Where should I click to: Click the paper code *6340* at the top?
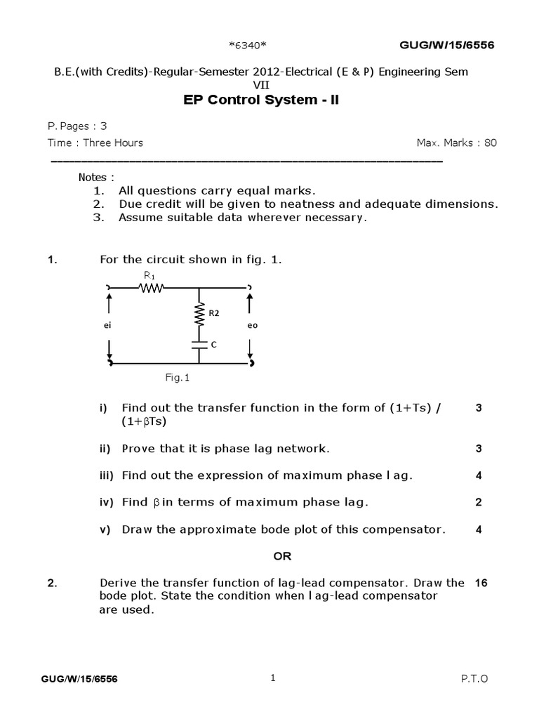coord(248,46)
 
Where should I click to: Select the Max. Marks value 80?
coord(490,143)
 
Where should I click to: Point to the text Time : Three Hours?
coord(95,143)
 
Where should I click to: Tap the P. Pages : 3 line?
coord(77,126)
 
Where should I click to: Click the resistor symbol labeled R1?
coord(151,287)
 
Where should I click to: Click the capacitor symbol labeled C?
coord(199,345)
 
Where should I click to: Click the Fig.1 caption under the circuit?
coord(178,377)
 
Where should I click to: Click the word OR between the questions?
coord(282,556)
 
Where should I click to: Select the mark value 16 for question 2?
coord(481,583)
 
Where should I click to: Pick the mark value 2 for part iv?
coord(479,502)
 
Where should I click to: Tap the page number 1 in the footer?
coord(273,678)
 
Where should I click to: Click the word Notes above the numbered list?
coord(96,177)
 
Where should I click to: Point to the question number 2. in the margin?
coord(52,583)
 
